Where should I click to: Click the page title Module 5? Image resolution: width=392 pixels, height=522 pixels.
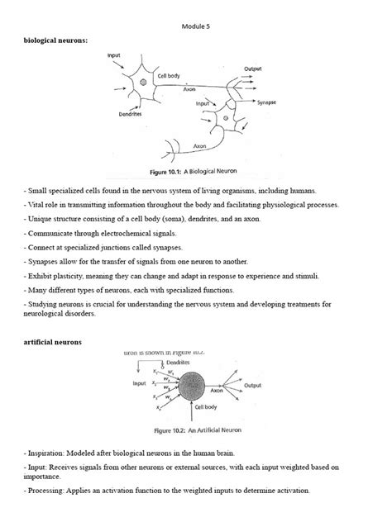(x=196, y=26)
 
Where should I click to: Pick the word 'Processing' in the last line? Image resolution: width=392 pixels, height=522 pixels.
(x=47, y=490)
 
